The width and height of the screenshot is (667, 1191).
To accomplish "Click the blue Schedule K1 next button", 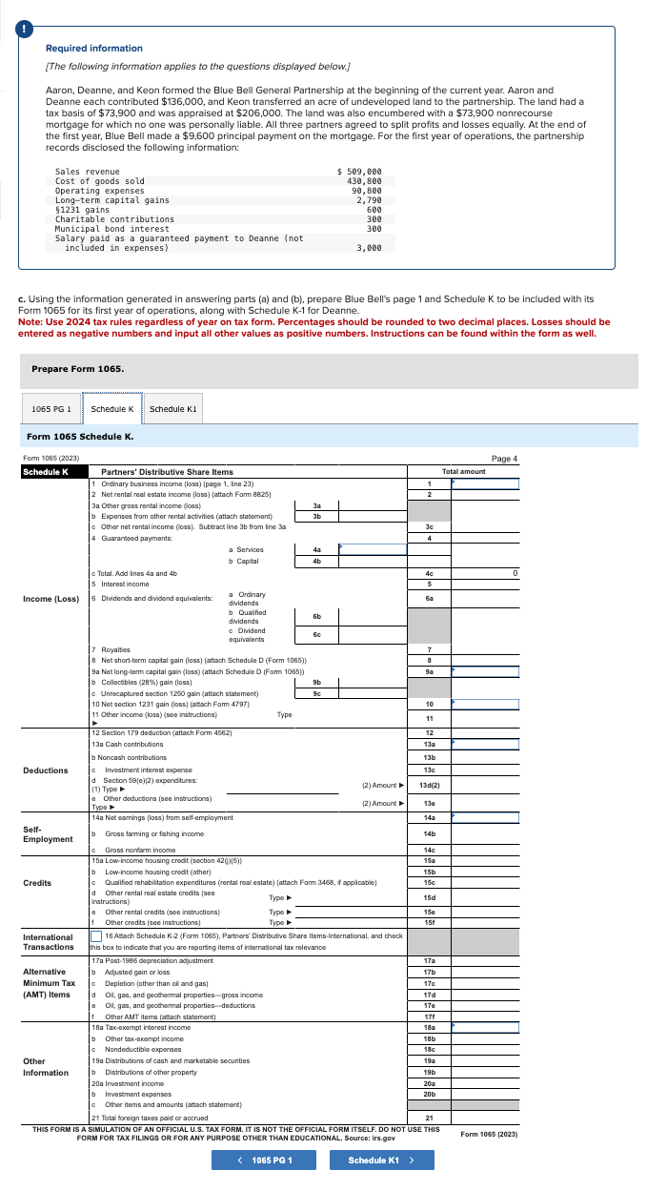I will [x=373, y=1160].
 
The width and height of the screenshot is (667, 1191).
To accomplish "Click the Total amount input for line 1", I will [x=485, y=483].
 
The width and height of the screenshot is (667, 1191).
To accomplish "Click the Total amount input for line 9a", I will [x=485, y=670].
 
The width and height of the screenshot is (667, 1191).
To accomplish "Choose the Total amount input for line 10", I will [x=485, y=704].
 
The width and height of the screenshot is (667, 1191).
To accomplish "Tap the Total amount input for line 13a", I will [x=485, y=744].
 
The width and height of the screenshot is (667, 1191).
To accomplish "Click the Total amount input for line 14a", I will [x=485, y=816].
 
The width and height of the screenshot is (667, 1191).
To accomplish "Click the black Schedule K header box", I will [x=53, y=471].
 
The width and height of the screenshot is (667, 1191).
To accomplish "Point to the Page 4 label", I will [x=504, y=459].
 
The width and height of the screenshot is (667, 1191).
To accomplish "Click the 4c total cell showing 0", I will [x=485, y=573].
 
